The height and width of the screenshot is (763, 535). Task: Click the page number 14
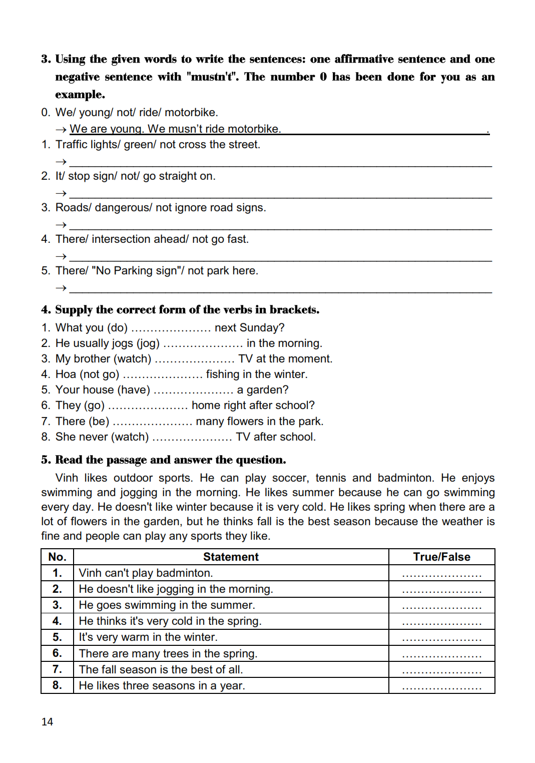point(47,721)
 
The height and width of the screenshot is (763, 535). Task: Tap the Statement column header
point(231,557)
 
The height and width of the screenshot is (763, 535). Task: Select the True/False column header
point(441,557)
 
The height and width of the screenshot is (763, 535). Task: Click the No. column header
point(57,557)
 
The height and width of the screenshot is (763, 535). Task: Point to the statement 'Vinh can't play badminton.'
point(146,573)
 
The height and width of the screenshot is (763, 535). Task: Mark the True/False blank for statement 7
point(441,671)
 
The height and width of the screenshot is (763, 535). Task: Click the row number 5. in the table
point(57,637)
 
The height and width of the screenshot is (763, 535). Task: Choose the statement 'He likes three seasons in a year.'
point(162,685)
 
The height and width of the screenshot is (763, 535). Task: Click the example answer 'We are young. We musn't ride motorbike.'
point(175,129)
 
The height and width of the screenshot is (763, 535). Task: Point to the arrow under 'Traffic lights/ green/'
point(61,162)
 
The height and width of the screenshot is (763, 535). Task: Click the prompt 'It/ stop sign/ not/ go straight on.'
point(135,176)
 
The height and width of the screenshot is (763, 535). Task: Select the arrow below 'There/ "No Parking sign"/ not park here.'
point(61,288)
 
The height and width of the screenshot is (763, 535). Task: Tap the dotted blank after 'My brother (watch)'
point(195,359)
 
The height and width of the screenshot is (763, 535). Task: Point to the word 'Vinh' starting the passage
point(66,478)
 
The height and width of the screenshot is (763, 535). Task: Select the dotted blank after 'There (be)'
point(152,422)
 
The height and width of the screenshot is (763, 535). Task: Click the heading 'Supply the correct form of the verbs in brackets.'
point(187,309)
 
